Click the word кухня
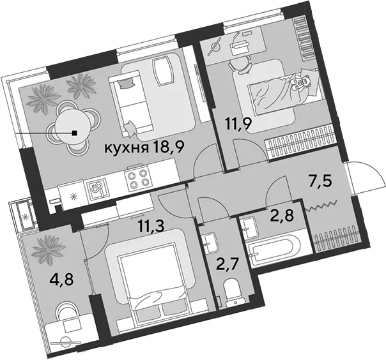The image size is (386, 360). tap(127, 148)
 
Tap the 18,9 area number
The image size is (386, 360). tap(168, 147)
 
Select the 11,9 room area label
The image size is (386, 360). tap(238, 124)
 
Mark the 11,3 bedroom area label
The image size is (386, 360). tap(151, 227)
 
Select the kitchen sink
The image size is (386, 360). tap(97, 188)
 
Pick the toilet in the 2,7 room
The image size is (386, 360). tap(234, 292)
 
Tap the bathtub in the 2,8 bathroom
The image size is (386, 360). tap(274, 248)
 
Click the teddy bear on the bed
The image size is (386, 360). tap(301, 82)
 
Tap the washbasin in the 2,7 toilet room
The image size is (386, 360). tap(210, 243)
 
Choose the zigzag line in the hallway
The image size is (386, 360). tap(320, 206)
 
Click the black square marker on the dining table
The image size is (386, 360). tap(75, 133)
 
